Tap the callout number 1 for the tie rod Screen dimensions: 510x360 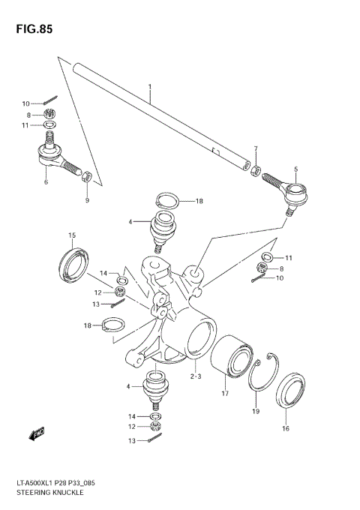(149, 88)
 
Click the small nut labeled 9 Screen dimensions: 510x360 (87, 177)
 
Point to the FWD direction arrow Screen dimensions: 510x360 (35, 433)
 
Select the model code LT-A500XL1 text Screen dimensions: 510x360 (37, 482)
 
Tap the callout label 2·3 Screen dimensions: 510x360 (196, 377)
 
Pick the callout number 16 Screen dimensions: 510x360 (285, 429)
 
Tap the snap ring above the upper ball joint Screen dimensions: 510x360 (168, 201)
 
